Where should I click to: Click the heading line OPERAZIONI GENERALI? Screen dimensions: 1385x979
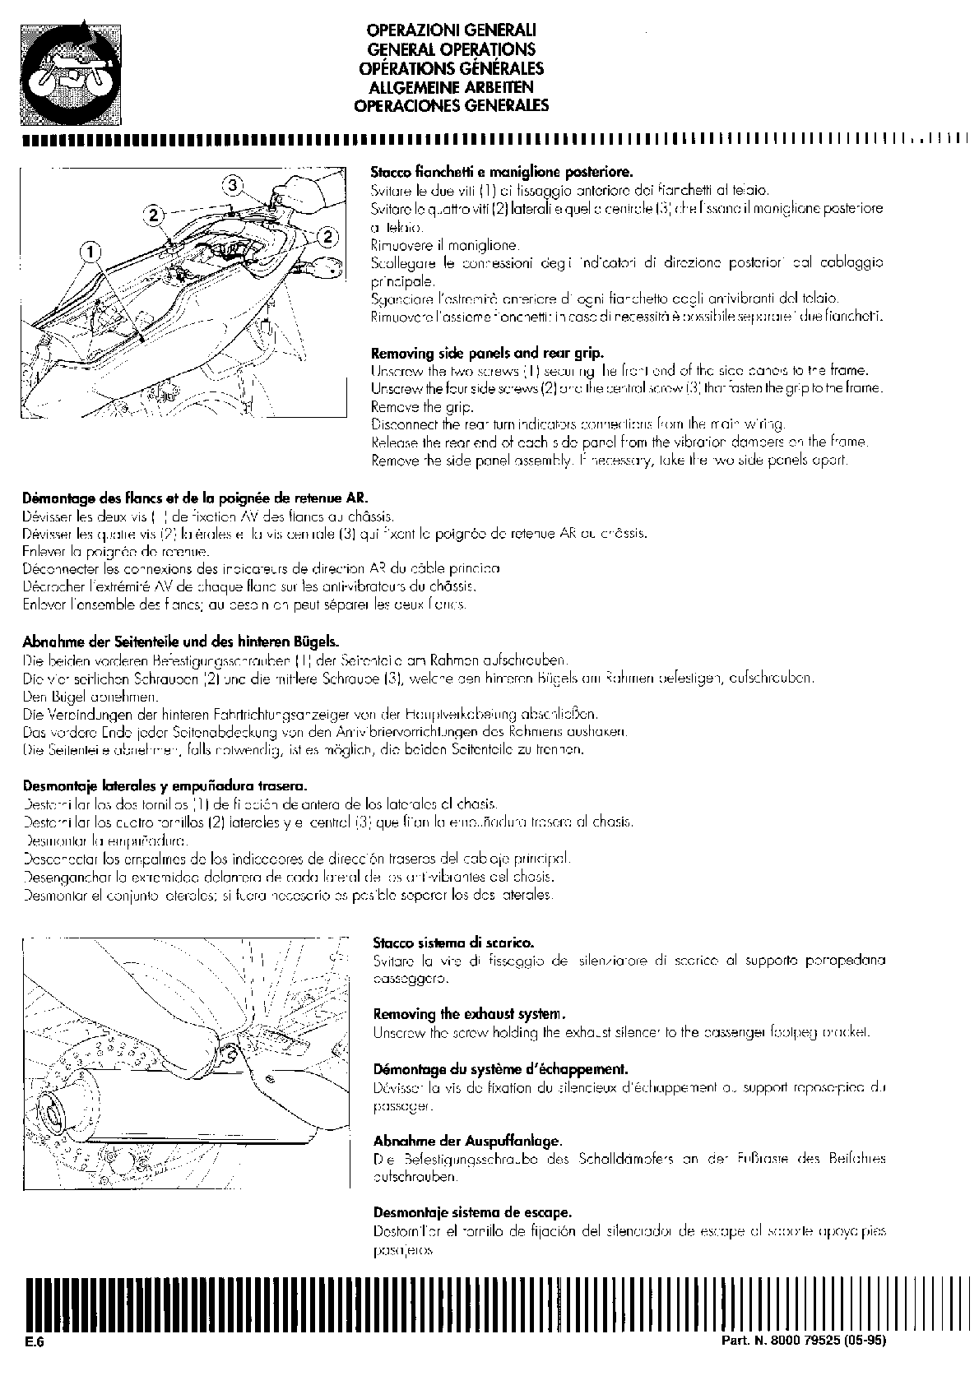tap(451, 31)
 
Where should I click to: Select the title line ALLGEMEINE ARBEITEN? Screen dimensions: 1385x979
tap(451, 87)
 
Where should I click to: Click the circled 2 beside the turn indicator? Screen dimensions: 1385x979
tap(327, 237)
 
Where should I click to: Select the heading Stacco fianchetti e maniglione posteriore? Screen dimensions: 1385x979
tap(502, 173)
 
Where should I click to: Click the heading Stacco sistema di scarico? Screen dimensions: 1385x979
tap(453, 943)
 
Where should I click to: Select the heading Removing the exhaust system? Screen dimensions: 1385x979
tap(469, 1013)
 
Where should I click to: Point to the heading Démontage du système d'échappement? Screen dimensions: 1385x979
tap(500, 1069)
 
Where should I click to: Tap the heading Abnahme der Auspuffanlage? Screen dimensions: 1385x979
tap(467, 1141)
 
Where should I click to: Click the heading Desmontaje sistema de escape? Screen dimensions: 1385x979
tap(472, 1212)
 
